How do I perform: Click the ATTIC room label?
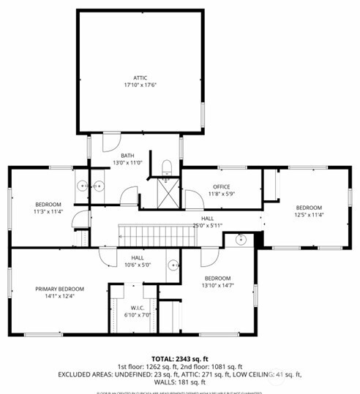click(140, 77)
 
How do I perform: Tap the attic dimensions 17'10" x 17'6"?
click(140, 85)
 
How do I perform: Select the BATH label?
click(127, 154)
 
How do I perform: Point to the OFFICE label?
click(221, 187)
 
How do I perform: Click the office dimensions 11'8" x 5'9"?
click(221, 194)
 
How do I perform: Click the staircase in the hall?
click(143, 235)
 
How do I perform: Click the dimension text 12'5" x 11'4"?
click(308, 215)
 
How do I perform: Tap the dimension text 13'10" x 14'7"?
click(218, 286)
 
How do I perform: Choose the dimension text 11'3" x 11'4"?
click(48, 212)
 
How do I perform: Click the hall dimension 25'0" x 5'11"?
click(207, 226)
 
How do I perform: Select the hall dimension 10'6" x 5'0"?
click(138, 265)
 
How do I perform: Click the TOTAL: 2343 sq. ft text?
click(179, 358)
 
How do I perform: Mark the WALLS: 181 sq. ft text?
click(179, 382)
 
